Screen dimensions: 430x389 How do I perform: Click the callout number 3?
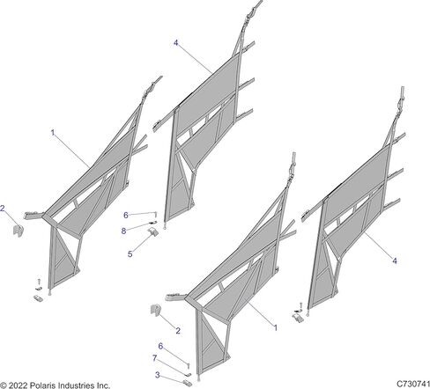tap(158, 375)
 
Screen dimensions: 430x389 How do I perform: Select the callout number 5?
tap(130, 254)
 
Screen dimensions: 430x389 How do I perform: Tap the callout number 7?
tap(154, 358)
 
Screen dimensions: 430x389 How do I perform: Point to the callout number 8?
tap(123, 231)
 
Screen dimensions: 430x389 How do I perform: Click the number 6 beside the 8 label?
tap(126, 216)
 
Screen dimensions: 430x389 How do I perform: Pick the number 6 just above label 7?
tap(160, 346)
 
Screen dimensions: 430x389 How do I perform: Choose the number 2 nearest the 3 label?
tap(178, 331)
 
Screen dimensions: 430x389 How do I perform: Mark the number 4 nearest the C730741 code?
tap(395, 261)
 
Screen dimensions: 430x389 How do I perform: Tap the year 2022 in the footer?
tap(19, 385)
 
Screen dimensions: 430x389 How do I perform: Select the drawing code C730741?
tap(413, 384)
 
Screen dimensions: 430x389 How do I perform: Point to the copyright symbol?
tap(4, 385)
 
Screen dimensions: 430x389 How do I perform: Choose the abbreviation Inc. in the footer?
tap(103, 385)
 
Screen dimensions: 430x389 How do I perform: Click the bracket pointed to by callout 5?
tap(153, 231)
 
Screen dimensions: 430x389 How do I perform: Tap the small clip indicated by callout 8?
tap(154, 223)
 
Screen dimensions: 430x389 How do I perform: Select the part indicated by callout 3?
tap(187, 383)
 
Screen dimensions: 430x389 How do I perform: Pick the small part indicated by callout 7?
tap(189, 374)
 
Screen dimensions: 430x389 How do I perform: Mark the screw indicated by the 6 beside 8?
tap(156, 215)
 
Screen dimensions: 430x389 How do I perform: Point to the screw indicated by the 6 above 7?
tap(189, 366)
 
